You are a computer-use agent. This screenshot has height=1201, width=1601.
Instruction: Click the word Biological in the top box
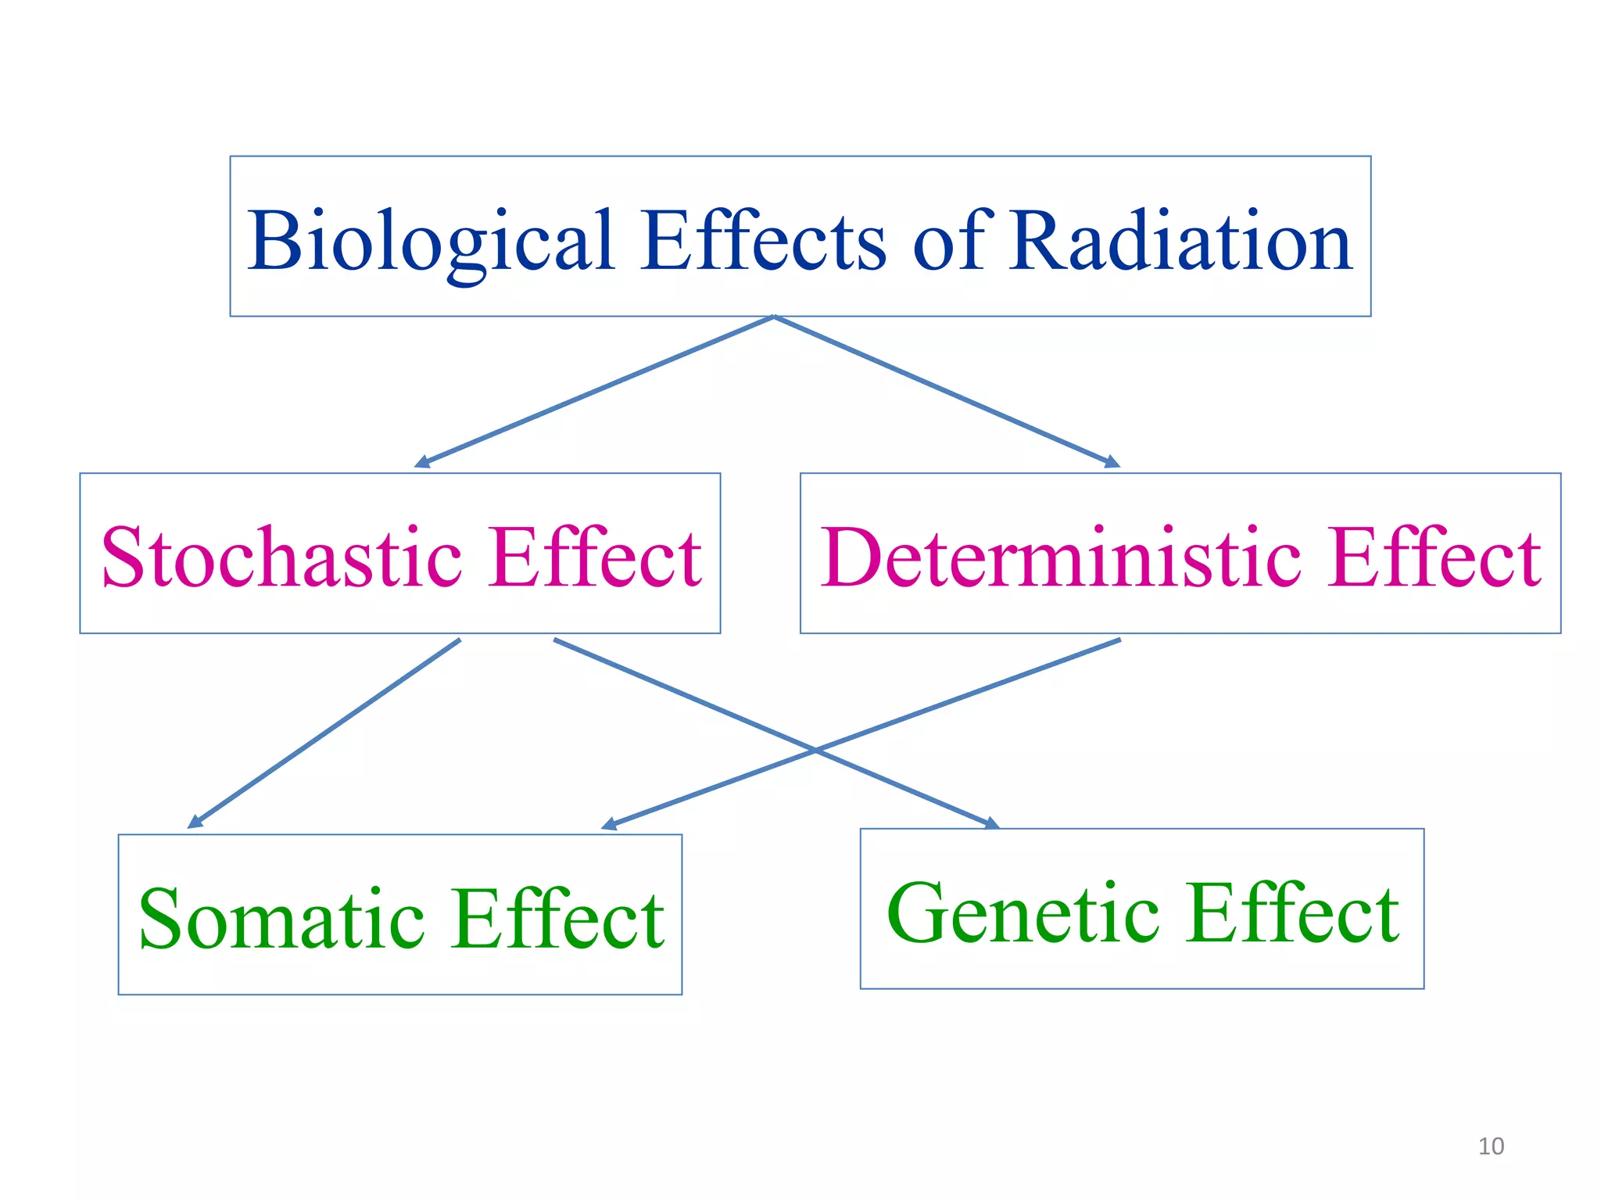[x=430, y=242]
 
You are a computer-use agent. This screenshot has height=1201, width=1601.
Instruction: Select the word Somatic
[x=282, y=920]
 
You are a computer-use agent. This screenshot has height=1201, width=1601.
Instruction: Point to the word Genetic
[x=1023, y=913]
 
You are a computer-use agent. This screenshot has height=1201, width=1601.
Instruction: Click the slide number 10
[x=1491, y=1146]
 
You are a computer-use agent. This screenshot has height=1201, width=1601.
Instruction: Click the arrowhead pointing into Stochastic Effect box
[x=421, y=463]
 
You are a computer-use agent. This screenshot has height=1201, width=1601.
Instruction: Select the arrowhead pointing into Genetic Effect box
[x=991, y=823]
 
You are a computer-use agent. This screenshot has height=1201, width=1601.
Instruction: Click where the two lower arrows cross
[x=815, y=750]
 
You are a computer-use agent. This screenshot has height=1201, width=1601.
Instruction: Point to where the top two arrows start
[x=773, y=317]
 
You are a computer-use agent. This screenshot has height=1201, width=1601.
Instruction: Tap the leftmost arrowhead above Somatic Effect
[x=194, y=823]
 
